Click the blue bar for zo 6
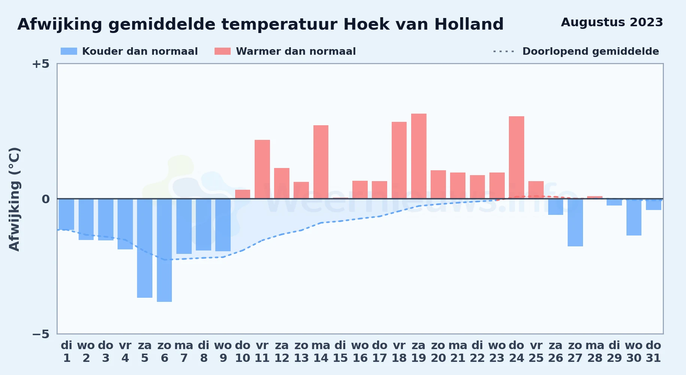tap(164, 250)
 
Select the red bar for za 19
tap(419, 156)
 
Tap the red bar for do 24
tap(516, 157)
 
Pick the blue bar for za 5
tap(145, 248)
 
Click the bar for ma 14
tap(321, 162)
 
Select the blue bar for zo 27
tap(575, 222)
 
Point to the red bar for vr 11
tap(262, 169)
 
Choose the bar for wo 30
tap(634, 217)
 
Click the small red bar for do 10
tap(243, 194)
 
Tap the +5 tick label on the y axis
tap(40, 64)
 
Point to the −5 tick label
tap(40, 334)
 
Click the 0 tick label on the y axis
tap(46, 199)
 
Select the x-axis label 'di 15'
tap(340, 352)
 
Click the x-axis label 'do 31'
tap(653, 352)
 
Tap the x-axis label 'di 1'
tap(67, 352)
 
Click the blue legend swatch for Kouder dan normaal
tap(69, 51)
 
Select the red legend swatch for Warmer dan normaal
tap(223, 51)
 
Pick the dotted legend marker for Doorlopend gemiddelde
tap(504, 51)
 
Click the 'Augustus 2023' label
tap(612, 22)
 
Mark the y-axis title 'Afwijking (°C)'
tap(14, 199)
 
